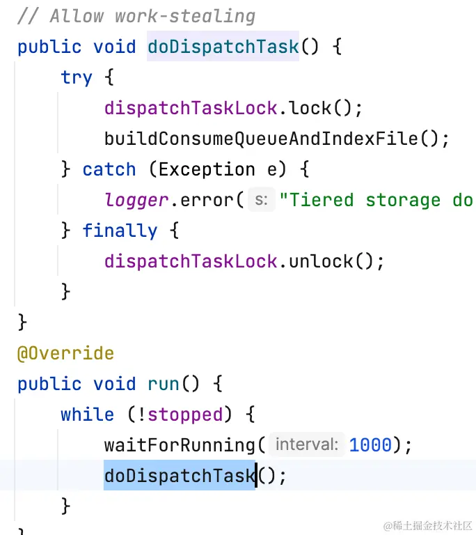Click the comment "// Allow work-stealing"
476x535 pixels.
point(136,15)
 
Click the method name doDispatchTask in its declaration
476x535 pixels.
point(223,47)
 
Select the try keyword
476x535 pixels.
point(77,77)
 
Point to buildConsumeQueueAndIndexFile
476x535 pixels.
point(261,139)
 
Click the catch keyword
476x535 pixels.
point(109,169)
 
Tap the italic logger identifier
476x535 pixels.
point(136,200)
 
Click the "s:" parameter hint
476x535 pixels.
point(262,200)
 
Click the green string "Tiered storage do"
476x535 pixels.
point(376,200)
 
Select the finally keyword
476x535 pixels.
point(120,231)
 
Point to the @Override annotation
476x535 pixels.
point(65,353)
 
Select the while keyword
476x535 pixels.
point(88,414)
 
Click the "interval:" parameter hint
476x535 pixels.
point(306,445)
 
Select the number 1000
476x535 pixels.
point(370,445)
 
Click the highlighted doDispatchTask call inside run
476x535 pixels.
point(180,476)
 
